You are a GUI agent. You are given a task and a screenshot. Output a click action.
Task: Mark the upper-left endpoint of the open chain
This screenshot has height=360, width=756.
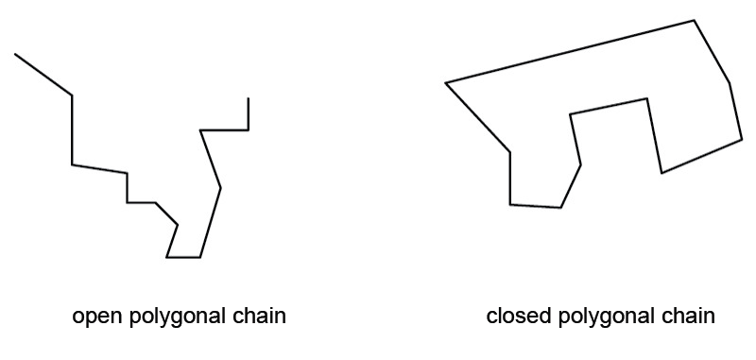pos(15,54)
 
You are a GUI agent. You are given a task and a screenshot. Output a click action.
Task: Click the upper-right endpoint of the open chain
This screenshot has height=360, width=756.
pos(249,97)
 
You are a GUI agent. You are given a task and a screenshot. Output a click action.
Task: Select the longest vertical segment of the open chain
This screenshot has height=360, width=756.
pos(73,129)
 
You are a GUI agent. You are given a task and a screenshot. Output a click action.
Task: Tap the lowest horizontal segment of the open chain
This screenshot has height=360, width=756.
pos(183,257)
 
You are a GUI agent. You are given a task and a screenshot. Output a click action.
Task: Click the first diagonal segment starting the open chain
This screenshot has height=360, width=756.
pos(43,75)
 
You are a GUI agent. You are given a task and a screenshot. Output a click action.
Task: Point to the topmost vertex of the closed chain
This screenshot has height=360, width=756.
pos(695,20)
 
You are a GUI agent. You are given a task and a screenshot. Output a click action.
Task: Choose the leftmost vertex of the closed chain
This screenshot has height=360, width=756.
pos(445,83)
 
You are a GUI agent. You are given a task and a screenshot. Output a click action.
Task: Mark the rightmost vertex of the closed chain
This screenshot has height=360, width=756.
pos(743,140)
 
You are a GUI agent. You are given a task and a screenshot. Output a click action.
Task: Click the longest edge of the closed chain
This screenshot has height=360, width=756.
pos(570,52)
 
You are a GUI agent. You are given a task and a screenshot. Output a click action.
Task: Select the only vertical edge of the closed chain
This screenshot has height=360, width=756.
pos(510,178)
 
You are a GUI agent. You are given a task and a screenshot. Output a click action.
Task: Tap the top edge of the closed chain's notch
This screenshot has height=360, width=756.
pos(609,107)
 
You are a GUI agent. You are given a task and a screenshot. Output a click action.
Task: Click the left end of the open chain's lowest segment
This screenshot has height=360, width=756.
pos(167,257)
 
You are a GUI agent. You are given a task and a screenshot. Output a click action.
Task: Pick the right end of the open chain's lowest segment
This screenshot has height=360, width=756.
pos(199,257)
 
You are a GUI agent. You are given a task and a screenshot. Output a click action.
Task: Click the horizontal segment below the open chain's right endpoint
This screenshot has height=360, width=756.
pos(225,130)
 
